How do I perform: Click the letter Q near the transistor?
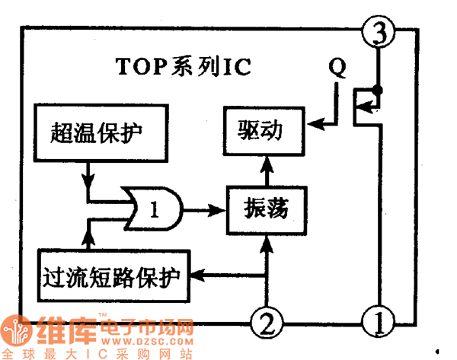coord(337,67)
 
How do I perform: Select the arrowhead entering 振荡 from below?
coord(265,244)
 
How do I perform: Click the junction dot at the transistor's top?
coord(378,91)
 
